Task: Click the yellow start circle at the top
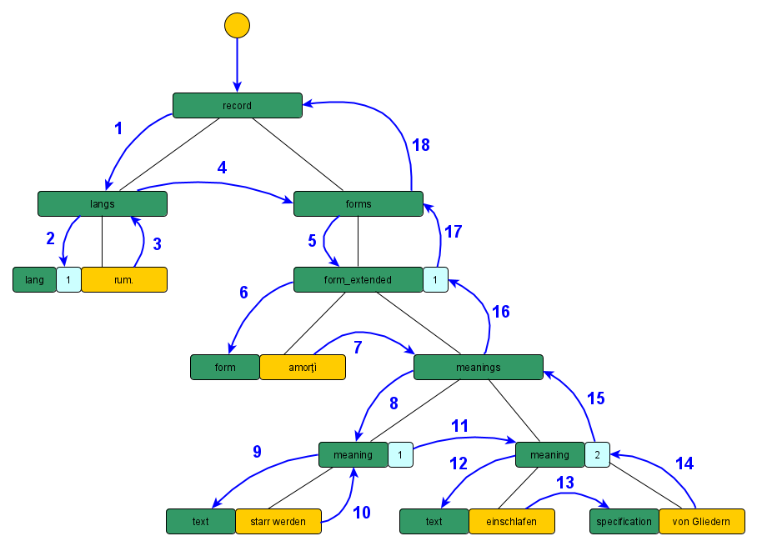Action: pos(237,25)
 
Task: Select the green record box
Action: pos(237,106)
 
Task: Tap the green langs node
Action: pos(102,204)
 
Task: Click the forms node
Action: pos(358,204)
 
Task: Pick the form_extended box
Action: pos(358,280)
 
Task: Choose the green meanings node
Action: pos(479,368)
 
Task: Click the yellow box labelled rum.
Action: pos(124,280)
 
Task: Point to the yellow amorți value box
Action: pos(303,368)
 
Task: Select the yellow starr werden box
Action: pos(278,522)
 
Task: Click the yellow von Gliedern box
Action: pos(702,522)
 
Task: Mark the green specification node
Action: pos(624,522)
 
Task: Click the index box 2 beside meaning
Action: pos(597,455)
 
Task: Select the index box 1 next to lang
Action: pos(68,280)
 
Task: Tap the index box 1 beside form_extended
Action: pos(435,280)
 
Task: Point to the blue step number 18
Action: pos(421,145)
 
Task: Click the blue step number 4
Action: pos(222,168)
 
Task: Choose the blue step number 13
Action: pos(565,483)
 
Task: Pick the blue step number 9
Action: pos(258,452)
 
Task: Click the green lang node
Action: pos(34,280)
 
